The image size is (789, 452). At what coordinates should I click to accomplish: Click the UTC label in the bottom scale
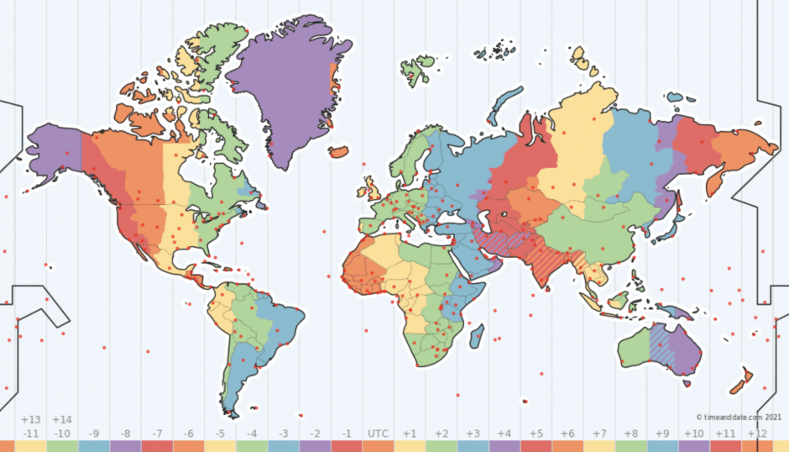click(378, 434)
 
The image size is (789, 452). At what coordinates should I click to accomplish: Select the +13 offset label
click(31, 419)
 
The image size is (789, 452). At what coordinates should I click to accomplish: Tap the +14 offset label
click(62, 419)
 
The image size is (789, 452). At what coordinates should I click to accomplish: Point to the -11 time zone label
click(31, 434)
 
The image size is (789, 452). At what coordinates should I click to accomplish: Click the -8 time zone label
click(125, 434)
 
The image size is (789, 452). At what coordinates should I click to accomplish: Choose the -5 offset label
click(220, 434)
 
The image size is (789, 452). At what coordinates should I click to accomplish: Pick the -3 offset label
click(283, 434)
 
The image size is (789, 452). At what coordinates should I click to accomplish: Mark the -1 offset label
click(346, 434)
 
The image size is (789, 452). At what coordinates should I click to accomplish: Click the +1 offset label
click(410, 434)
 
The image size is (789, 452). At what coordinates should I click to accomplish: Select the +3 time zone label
click(473, 434)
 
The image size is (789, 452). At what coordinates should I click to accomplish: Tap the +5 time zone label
click(536, 434)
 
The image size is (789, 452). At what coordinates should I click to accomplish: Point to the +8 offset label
click(630, 434)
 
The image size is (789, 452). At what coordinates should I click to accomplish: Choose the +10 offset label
click(694, 434)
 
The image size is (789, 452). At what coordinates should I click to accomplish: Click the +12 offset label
click(757, 434)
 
